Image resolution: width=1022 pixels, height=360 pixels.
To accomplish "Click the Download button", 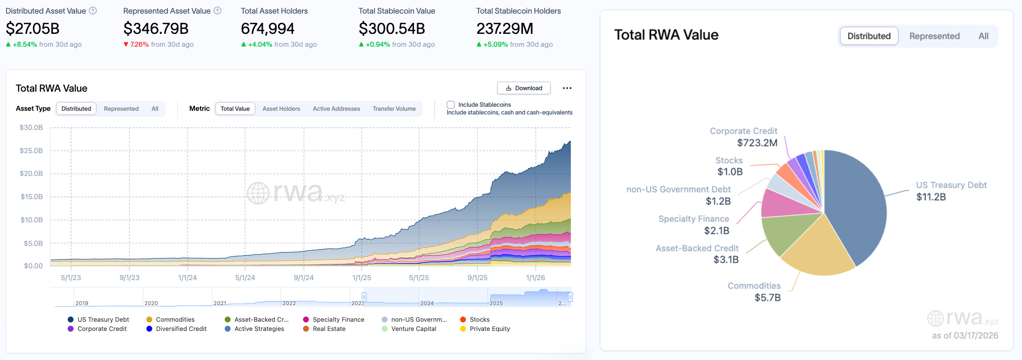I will pyautogui.click(x=523, y=88).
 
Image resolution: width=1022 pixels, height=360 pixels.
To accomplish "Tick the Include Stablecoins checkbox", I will pyautogui.click(x=450, y=105).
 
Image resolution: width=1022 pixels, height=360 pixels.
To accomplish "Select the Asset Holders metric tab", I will pyautogui.click(x=281, y=109).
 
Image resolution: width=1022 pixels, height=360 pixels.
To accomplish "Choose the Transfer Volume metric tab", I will pyautogui.click(x=394, y=109).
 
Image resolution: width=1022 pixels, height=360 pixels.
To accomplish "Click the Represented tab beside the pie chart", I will pyautogui.click(x=934, y=36).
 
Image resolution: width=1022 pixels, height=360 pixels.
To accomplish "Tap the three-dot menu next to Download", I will pyautogui.click(x=567, y=88).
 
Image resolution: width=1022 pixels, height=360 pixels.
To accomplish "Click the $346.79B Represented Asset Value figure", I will pyautogui.click(x=156, y=29).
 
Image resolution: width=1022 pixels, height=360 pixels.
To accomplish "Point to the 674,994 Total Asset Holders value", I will pyautogui.click(x=267, y=29).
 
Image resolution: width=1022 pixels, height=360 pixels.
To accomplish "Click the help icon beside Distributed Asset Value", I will pyautogui.click(x=93, y=11).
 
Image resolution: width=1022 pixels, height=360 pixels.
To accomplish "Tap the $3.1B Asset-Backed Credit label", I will pyautogui.click(x=726, y=260).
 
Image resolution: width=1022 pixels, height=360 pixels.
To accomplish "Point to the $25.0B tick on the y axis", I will pyautogui.click(x=31, y=151).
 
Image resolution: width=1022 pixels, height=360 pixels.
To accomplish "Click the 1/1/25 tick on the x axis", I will pyautogui.click(x=362, y=278).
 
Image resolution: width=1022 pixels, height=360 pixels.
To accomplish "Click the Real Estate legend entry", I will pyautogui.click(x=328, y=329).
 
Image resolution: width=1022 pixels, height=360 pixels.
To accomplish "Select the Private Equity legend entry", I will pyautogui.click(x=489, y=329).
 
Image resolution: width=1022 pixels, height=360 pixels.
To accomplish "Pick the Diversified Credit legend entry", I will pyautogui.click(x=181, y=329).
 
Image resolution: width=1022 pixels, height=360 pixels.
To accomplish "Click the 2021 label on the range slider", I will pyautogui.click(x=220, y=303).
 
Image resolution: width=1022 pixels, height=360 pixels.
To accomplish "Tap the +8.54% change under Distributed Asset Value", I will pyautogui.click(x=25, y=45).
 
